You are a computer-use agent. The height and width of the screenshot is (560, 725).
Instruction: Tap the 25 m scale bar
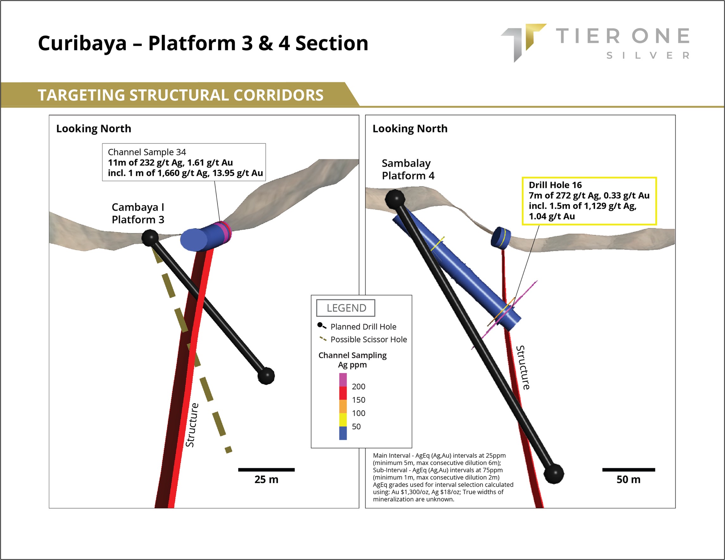coord(266,469)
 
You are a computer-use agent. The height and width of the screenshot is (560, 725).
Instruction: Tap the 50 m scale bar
coord(629,469)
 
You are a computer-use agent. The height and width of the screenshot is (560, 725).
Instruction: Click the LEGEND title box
coord(346,308)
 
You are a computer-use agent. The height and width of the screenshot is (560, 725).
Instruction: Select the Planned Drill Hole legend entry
coord(363,327)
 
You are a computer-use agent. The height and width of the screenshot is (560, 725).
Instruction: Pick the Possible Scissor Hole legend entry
coord(368,340)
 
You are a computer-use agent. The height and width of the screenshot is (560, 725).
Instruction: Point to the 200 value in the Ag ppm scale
coord(358,386)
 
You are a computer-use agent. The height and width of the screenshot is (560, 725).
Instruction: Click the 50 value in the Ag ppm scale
coord(356,426)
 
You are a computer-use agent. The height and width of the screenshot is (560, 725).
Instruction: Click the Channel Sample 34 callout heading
coord(147,152)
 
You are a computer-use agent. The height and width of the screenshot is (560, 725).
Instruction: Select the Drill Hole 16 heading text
coord(555,185)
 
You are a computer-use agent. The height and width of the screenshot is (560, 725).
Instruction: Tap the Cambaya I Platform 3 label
coord(138,213)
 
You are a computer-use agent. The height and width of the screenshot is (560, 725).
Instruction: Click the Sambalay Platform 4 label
coord(408,169)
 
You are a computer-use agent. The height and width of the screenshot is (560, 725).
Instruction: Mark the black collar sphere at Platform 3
coord(150,238)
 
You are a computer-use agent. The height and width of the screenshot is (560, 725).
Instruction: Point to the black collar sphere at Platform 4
coord(395,199)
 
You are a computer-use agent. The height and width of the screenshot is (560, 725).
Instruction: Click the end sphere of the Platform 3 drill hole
coord(266,376)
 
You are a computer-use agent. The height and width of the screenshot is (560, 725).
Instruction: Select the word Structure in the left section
coord(192,425)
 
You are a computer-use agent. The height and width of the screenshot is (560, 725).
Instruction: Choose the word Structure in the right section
coord(523,367)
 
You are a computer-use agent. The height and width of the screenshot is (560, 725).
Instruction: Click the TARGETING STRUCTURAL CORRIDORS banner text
coord(181,95)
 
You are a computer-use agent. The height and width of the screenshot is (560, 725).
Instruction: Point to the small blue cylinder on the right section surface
coord(501,237)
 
